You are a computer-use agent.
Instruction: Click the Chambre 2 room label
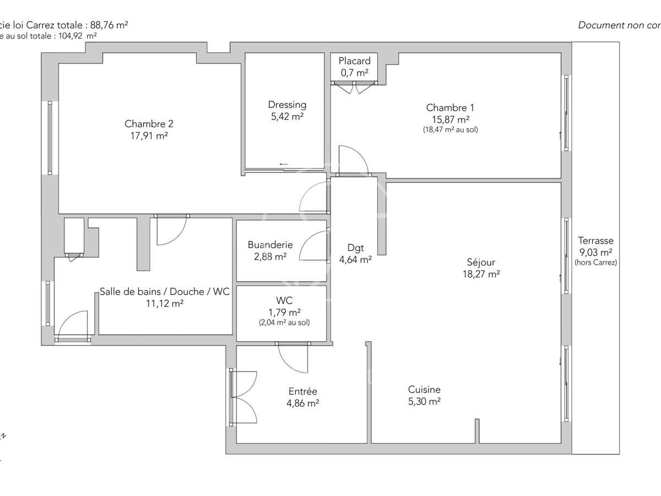146,123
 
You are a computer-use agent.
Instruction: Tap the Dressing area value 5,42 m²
287,116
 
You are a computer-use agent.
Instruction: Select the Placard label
354,61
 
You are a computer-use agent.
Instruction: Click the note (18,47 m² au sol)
450,130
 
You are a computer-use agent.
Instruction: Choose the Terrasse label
595,241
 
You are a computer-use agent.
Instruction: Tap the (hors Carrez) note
595,263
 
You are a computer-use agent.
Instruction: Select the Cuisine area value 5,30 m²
424,402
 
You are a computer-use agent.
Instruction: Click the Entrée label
303,391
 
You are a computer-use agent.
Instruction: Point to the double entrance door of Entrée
242,397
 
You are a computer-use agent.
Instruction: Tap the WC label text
285,300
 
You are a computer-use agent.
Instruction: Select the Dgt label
355,247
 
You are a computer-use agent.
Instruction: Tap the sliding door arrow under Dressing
284,164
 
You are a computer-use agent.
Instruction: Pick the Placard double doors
355,87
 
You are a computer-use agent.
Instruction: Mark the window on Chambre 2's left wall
50,138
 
